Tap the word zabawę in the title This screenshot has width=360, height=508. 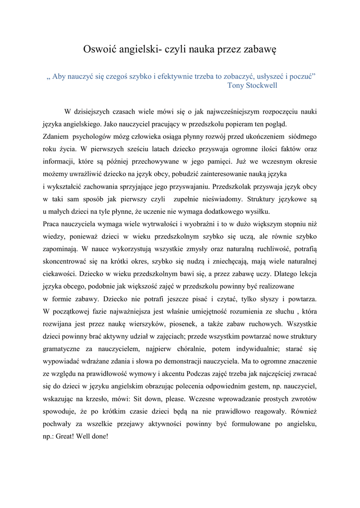pos(257,50)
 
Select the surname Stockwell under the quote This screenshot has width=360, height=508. pos(260,85)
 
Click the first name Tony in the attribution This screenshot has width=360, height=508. pos(235,85)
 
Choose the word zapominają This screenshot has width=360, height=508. pos(62,250)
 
